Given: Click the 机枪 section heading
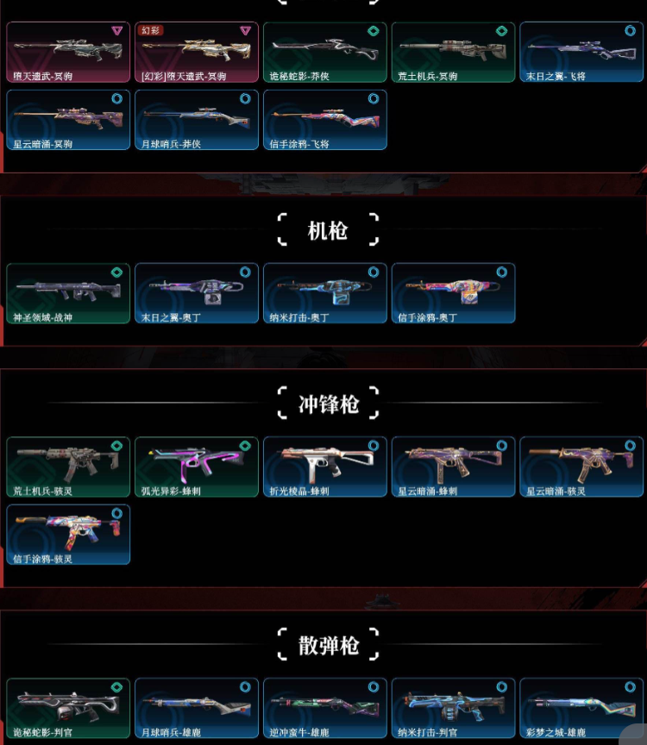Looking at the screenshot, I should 328,231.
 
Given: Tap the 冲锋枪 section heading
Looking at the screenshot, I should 328,404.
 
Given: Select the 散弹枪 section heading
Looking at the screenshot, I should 328,645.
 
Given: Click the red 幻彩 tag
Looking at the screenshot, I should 152,30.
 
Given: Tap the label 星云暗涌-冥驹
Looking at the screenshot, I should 42,144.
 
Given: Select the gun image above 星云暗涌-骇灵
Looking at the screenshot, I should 581,462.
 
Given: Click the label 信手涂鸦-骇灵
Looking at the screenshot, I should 42,559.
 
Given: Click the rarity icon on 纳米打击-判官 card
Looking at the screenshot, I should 502,687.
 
